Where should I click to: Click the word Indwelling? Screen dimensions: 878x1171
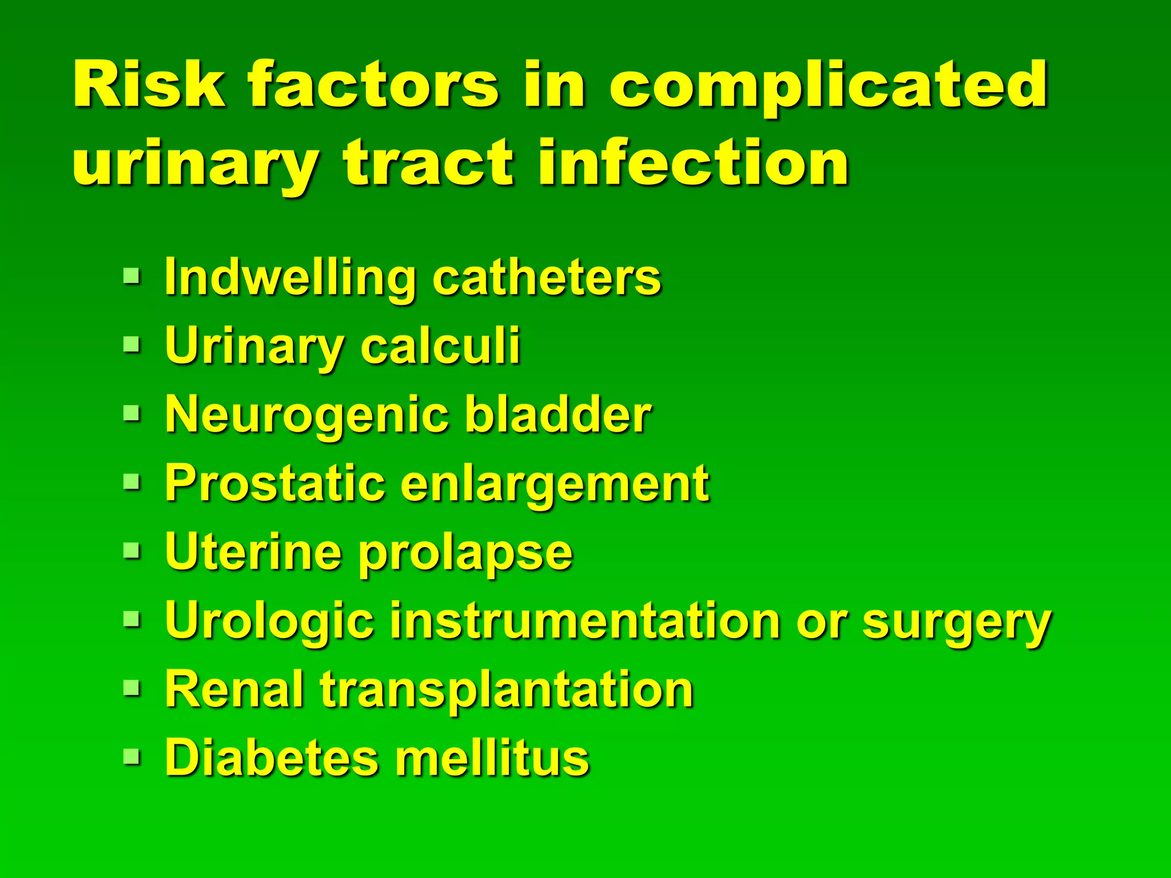[x=289, y=279]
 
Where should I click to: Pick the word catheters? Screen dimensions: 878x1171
[x=547, y=278]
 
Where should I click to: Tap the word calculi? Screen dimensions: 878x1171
[x=440, y=346]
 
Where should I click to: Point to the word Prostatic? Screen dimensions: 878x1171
[x=274, y=484]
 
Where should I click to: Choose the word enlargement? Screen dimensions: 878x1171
[x=555, y=486]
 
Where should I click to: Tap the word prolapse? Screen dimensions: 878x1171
[x=465, y=554]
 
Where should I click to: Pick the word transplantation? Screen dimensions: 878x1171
[x=507, y=691]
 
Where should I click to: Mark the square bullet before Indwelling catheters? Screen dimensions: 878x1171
[x=131, y=277]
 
